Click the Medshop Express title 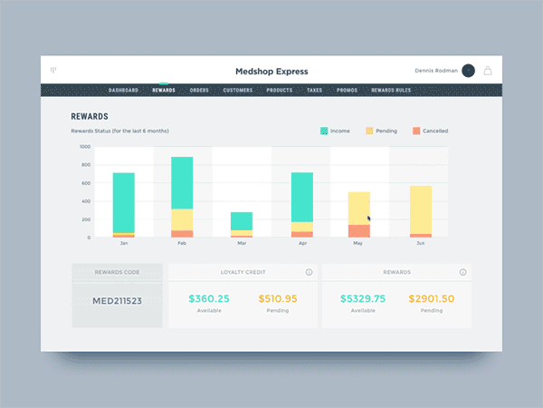[x=271, y=71]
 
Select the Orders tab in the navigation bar [x=199, y=91]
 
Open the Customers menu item [x=237, y=91]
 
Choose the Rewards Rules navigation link [x=390, y=91]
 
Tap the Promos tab [x=347, y=91]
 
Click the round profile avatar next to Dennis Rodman [x=468, y=71]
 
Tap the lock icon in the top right [x=489, y=71]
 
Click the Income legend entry [x=336, y=131]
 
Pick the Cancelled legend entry [x=430, y=131]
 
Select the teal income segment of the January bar [x=123, y=202]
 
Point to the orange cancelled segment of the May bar [x=358, y=231]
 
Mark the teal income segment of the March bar [x=241, y=221]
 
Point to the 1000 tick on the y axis [x=84, y=146]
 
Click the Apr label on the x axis [x=301, y=243]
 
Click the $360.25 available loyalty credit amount [x=209, y=298]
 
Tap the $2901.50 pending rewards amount [x=431, y=298]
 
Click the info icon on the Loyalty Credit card [x=310, y=272]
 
